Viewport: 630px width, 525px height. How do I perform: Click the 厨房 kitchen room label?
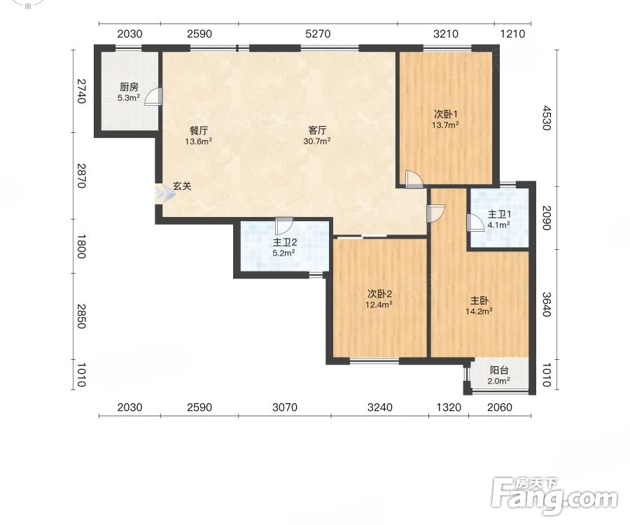click(x=129, y=87)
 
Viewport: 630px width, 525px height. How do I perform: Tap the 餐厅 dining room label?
click(x=199, y=130)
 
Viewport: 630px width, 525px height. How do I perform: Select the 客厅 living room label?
click(x=317, y=130)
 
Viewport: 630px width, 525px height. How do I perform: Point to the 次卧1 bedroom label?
click(x=446, y=114)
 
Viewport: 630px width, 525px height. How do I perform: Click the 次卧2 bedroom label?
click(x=379, y=293)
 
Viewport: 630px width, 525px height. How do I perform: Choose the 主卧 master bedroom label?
click(x=479, y=300)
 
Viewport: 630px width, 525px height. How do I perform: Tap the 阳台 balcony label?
click(x=499, y=370)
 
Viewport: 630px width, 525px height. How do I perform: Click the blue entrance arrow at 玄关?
click(x=166, y=195)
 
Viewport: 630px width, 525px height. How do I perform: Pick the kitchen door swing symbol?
click(x=153, y=97)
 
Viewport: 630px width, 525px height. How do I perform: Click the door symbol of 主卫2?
click(x=284, y=226)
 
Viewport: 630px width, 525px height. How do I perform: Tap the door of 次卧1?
click(x=414, y=180)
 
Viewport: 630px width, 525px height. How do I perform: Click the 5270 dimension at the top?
click(x=318, y=34)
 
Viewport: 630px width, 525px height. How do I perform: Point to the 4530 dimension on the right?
click(x=546, y=118)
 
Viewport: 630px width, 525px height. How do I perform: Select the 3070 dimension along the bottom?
click(x=285, y=407)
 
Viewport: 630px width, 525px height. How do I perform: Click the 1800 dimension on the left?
click(x=81, y=246)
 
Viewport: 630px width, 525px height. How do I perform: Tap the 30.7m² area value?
click(x=317, y=141)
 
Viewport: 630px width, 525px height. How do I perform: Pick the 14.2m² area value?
click(x=479, y=311)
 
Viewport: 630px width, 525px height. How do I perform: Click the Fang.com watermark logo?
click(x=554, y=496)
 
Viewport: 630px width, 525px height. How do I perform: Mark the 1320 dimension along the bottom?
click(x=449, y=407)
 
